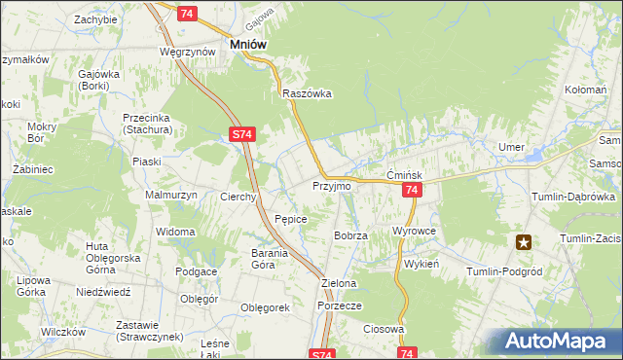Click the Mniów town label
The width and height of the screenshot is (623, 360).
click(x=248, y=44)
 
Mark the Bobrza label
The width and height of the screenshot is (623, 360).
click(x=349, y=235)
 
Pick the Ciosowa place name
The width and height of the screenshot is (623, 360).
click(x=384, y=329)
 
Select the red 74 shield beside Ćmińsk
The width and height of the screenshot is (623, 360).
click(x=413, y=191)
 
